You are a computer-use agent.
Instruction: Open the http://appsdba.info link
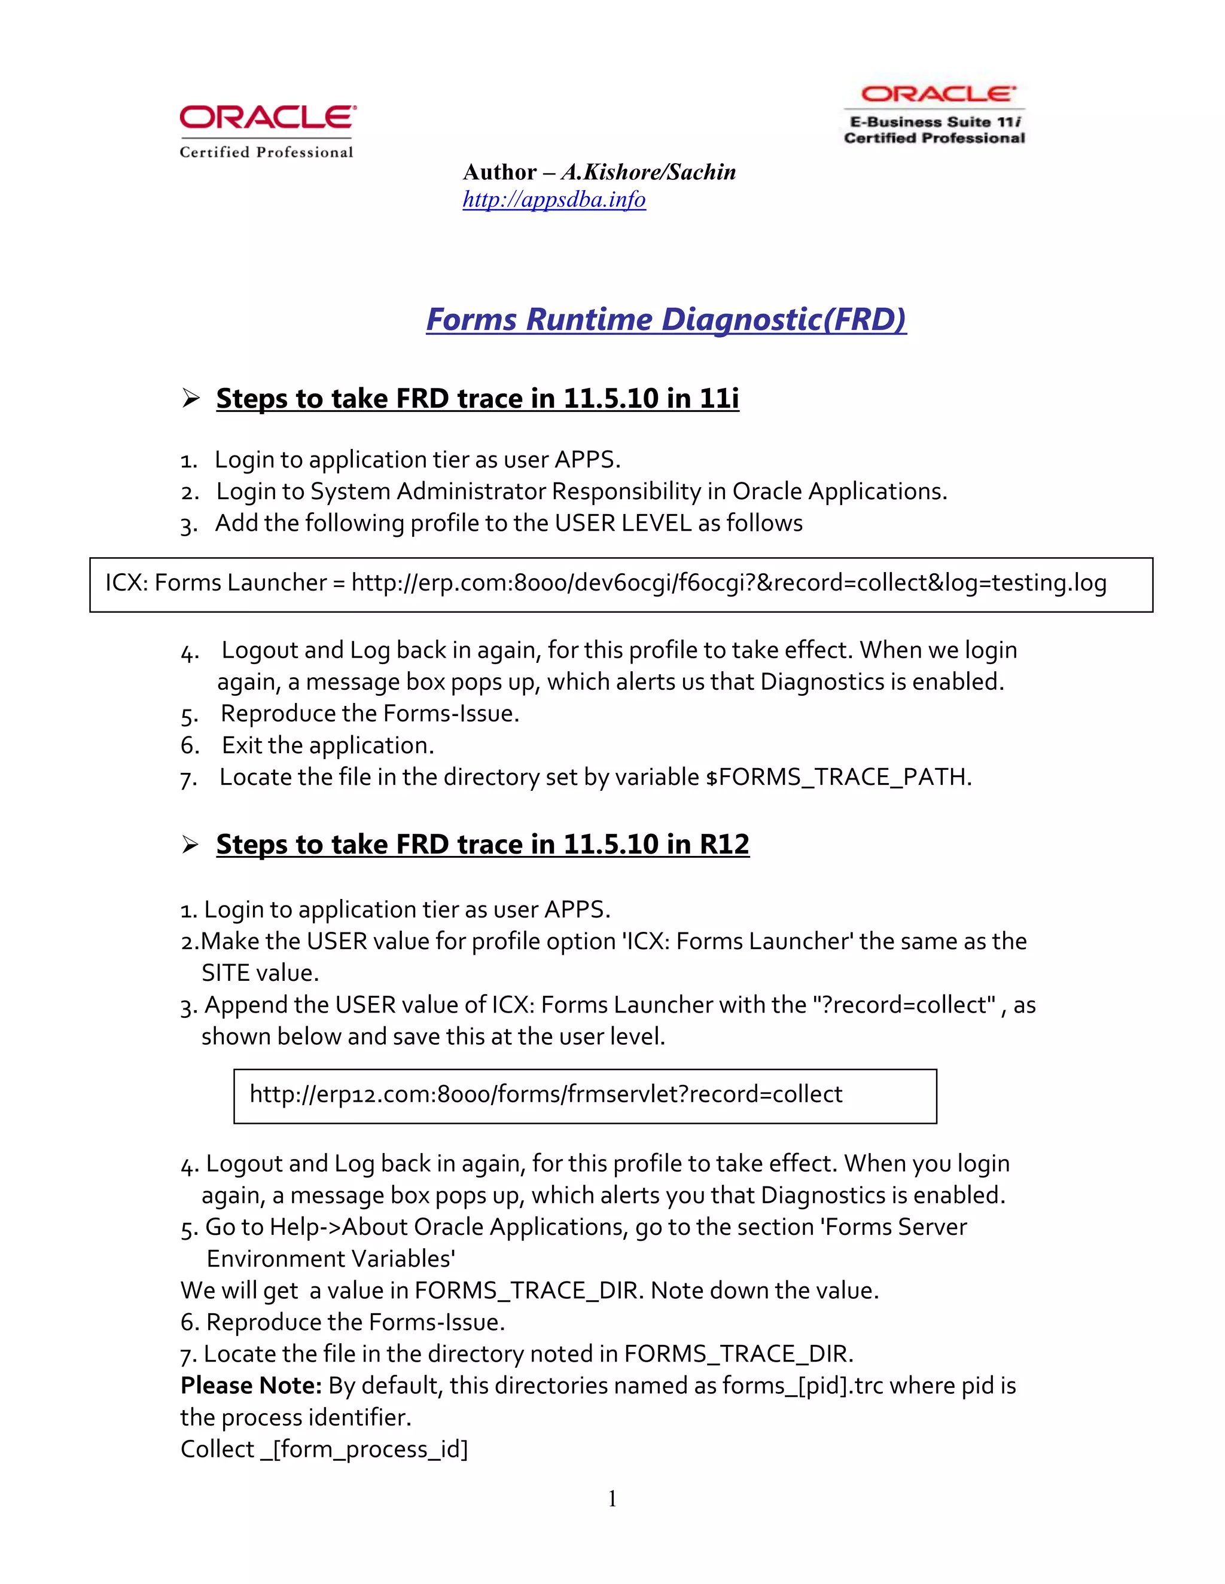(554, 200)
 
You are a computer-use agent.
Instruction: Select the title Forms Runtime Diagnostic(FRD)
(666, 319)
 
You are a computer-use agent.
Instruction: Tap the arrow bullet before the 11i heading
(190, 398)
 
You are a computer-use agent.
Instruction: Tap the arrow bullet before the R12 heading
(190, 844)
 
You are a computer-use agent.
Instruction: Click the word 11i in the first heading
(719, 398)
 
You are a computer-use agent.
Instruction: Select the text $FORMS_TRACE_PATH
(837, 777)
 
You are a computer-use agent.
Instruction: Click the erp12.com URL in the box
(546, 1094)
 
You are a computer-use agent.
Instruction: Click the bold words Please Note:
(251, 1386)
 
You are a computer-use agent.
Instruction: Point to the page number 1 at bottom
(612, 1499)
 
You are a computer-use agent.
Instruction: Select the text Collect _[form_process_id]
(324, 1449)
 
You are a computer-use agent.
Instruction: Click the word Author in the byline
(499, 172)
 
